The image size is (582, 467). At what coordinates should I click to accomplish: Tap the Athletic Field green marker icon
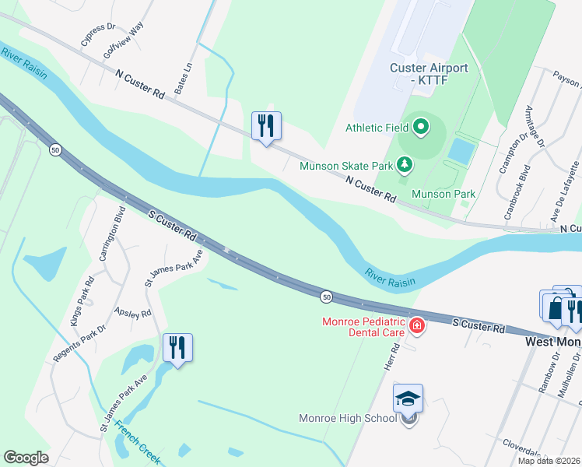pos(421,126)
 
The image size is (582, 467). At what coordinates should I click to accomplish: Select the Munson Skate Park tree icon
pos(404,164)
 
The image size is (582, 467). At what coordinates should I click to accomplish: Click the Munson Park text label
pos(443,193)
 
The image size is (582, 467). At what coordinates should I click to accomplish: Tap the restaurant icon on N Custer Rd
pos(266,125)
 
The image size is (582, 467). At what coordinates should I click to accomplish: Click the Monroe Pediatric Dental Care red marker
pos(417,325)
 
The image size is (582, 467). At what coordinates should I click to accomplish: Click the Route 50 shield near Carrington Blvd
pos(54,149)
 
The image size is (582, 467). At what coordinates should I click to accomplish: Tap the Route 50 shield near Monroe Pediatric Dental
pos(326,296)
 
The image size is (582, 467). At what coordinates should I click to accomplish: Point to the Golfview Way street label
pos(124,41)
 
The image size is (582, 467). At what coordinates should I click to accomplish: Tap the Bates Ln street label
pos(184,80)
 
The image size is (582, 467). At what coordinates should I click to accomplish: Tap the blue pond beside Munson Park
pos(460,150)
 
